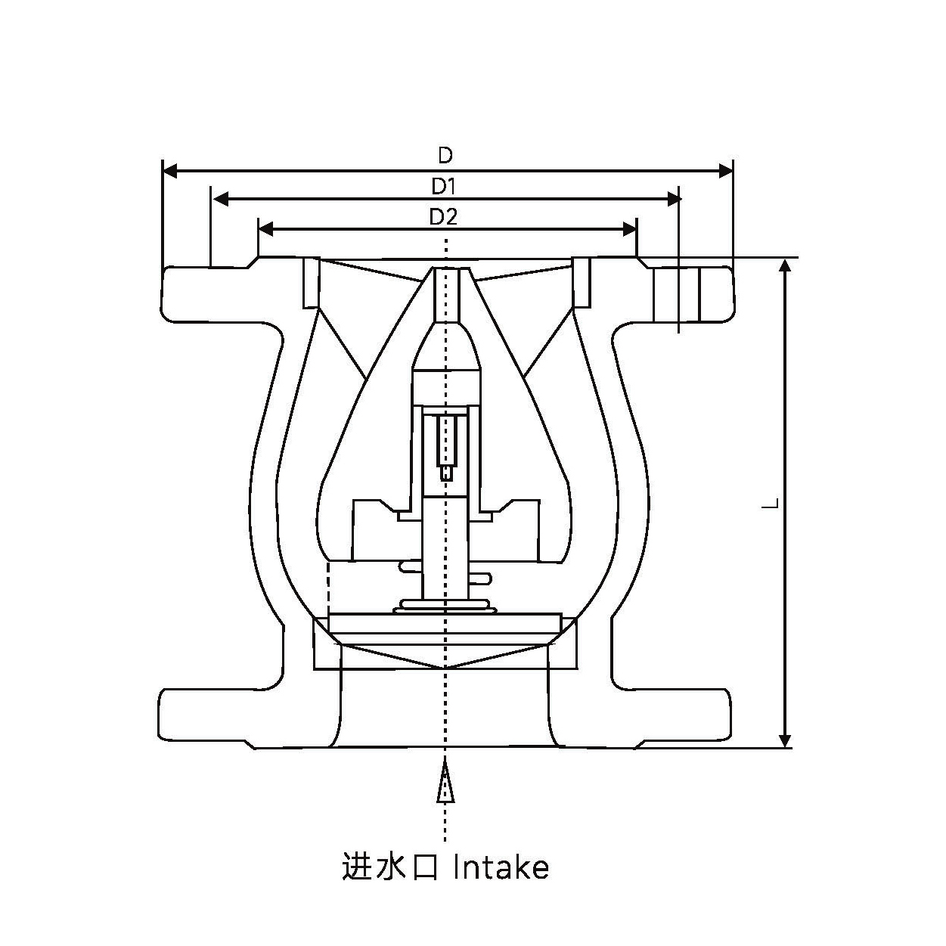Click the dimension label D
click(445, 156)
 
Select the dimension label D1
click(444, 186)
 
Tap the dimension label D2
click(444, 217)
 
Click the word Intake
click(501, 867)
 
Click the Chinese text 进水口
click(390, 867)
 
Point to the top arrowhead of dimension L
click(786, 265)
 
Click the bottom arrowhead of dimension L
click(786, 740)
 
